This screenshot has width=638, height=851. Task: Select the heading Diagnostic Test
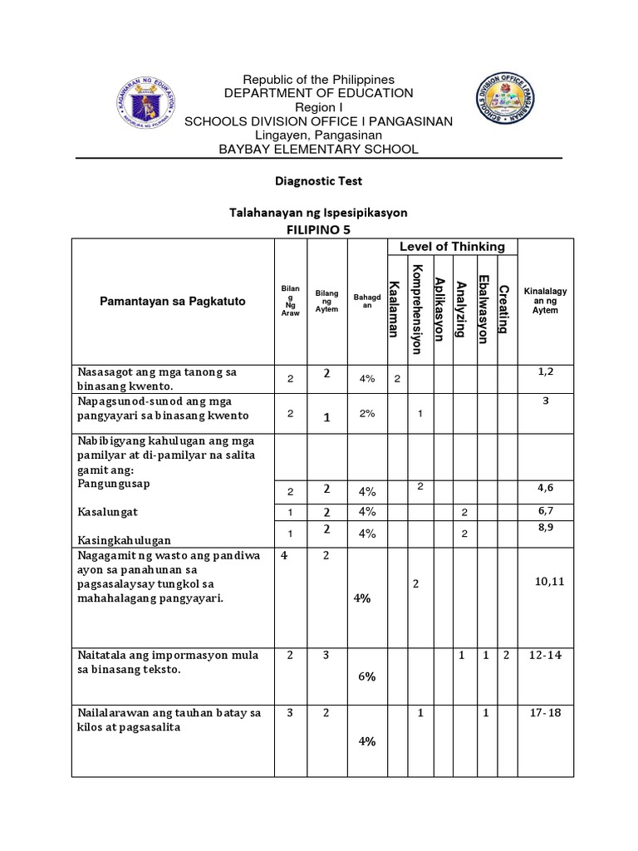pos(318,180)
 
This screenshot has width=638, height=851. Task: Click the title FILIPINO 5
pos(318,229)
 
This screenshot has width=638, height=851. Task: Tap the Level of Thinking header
pos(452,246)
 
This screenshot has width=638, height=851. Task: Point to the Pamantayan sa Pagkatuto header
pos(173,301)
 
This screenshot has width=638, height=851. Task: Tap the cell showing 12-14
pos(546,656)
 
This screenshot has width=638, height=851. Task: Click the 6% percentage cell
pos(366,676)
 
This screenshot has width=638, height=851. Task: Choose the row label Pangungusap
pos(114,483)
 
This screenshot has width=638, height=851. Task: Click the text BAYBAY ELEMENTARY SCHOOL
pos(318,149)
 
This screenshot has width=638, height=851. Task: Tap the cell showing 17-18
pos(546,713)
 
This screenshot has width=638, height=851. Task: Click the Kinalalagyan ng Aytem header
pos(546,301)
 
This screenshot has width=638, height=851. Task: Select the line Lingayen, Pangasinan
pos(318,135)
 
